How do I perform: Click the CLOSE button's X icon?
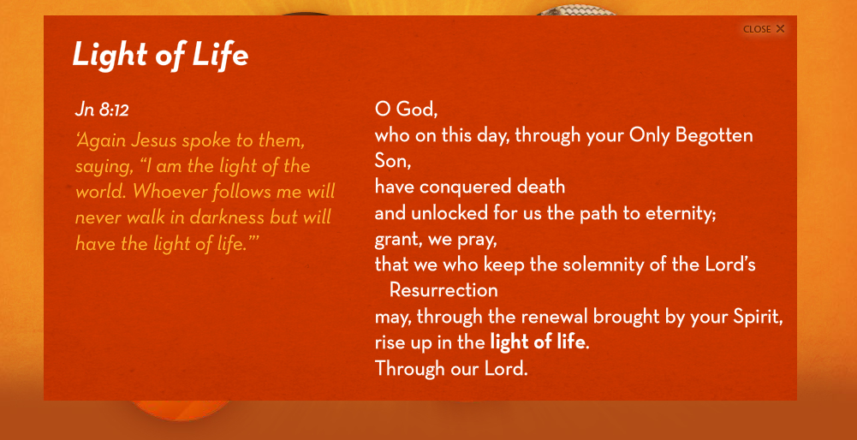tap(780, 29)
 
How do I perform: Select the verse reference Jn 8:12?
tap(102, 110)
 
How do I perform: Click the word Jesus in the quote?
tap(146, 141)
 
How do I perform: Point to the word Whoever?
tap(170, 192)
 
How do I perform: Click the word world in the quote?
tap(101, 192)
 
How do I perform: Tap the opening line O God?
tap(406, 110)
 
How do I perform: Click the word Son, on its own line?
tap(392, 161)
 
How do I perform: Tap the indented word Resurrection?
tap(443, 290)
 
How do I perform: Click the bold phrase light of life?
tap(537, 342)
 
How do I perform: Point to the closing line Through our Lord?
tap(451, 369)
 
